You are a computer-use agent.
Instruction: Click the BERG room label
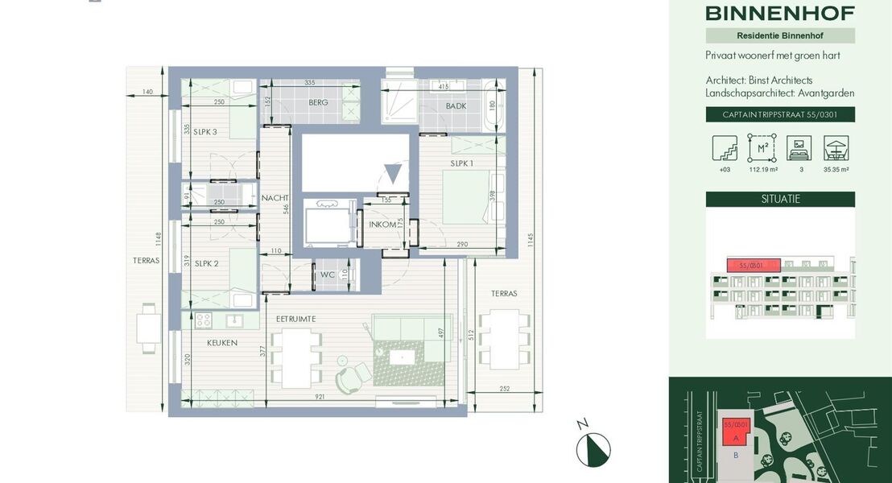click(x=319, y=103)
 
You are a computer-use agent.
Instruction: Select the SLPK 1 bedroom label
click(x=461, y=163)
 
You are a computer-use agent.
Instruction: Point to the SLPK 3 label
click(x=204, y=132)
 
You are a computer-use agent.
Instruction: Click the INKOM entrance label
click(x=382, y=225)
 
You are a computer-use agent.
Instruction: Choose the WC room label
click(x=327, y=275)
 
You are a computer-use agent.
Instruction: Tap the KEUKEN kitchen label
click(x=222, y=342)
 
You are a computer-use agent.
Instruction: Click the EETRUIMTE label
click(x=295, y=319)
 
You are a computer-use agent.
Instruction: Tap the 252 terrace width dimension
click(x=505, y=389)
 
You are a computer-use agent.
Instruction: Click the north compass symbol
click(x=593, y=448)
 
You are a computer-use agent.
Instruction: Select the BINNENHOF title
click(x=779, y=13)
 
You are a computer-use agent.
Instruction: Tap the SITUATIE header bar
click(x=779, y=199)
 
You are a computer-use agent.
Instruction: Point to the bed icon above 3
click(x=799, y=148)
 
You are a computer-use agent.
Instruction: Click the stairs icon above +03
click(x=724, y=148)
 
